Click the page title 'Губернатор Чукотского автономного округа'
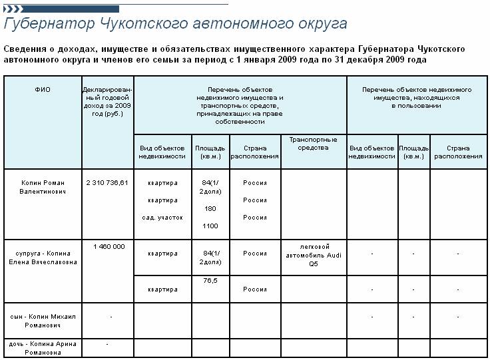176,25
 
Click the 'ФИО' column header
43,89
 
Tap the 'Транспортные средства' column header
313,144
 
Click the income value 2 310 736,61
107,182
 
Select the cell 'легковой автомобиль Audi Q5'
313,254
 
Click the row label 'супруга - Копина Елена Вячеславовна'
43,258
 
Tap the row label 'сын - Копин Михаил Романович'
43,321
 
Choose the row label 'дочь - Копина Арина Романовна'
43,347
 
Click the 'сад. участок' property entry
162,218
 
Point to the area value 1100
210,226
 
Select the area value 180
210,208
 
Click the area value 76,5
210,281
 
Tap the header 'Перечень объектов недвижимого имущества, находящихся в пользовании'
417,97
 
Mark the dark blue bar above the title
61,9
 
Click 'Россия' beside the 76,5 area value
254,289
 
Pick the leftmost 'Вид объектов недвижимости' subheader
162,152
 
